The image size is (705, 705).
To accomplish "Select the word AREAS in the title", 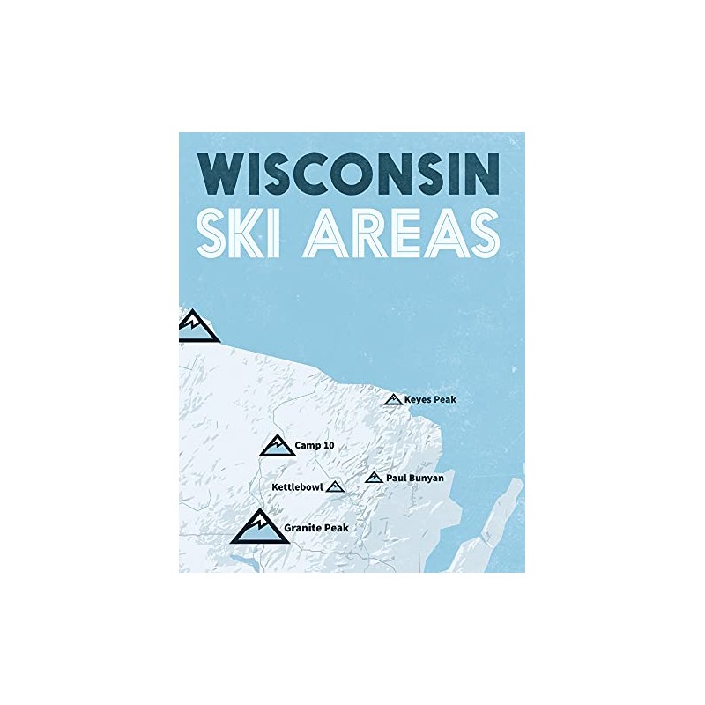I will pyautogui.click(x=402, y=233).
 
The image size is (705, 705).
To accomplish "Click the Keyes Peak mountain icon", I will pyautogui.click(x=393, y=400).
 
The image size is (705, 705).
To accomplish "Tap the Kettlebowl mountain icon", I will pyautogui.click(x=335, y=486).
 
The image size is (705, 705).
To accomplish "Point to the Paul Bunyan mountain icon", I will pyautogui.click(x=374, y=478).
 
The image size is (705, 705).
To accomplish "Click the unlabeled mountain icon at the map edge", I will pyautogui.click(x=197, y=325).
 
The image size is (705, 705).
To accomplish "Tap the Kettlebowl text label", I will pyautogui.click(x=296, y=486).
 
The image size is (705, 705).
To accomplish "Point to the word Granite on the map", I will pyautogui.click(x=303, y=528).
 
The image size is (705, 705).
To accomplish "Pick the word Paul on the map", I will pyautogui.click(x=396, y=478).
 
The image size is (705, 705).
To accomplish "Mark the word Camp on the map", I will pyautogui.click(x=307, y=446).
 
